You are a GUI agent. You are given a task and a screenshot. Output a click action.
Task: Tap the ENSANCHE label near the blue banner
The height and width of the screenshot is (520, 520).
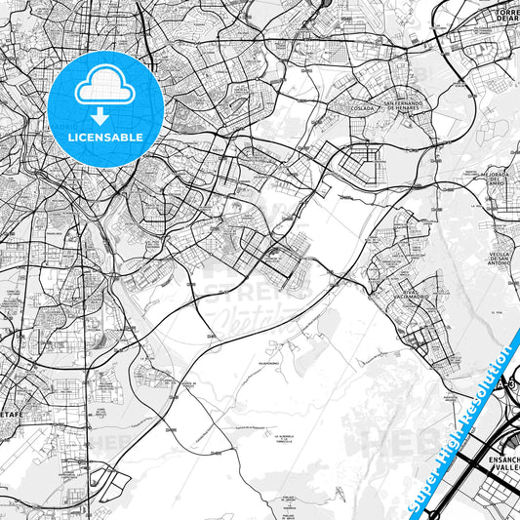point(493,459)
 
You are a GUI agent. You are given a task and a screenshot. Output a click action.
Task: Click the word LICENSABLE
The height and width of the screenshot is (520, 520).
point(104,138)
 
